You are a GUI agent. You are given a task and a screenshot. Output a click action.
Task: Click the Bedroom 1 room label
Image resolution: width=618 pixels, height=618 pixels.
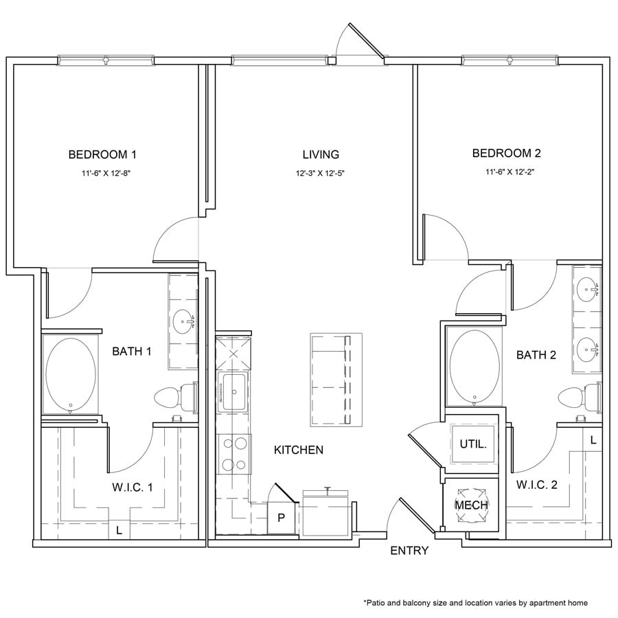[x=102, y=154]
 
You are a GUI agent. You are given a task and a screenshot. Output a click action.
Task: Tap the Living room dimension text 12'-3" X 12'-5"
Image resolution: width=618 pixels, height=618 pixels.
[x=321, y=174]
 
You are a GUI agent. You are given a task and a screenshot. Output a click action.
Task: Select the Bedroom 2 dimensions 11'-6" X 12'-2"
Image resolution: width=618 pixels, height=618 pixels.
[x=510, y=172]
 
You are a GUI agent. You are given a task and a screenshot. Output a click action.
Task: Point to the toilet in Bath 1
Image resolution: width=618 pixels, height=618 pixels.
[x=176, y=398]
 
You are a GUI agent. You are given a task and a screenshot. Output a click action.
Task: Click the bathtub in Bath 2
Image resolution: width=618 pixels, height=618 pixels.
[x=474, y=366]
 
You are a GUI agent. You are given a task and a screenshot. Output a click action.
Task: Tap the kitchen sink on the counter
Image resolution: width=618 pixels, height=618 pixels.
[x=233, y=392]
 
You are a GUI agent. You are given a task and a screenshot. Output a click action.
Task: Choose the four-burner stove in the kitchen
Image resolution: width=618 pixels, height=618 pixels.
[x=233, y=454]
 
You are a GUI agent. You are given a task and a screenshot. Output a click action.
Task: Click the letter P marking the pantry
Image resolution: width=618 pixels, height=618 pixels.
[x=281, y=518]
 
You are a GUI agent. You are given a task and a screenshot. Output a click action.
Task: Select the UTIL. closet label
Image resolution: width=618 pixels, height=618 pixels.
[x=473, y=444]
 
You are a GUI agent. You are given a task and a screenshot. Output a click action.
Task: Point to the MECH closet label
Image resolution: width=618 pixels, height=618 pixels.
[x=471, y=505]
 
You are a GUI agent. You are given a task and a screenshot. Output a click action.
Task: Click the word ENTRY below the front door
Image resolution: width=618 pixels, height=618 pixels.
[x=409, y=551]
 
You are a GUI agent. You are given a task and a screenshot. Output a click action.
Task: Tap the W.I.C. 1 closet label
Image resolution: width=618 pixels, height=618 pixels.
[x=133, y=488]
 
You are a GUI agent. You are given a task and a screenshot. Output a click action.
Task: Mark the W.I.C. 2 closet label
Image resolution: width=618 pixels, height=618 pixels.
[x=537, y=485]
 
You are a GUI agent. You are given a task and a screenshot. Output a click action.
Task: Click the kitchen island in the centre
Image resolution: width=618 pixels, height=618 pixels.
[x=336, y=380]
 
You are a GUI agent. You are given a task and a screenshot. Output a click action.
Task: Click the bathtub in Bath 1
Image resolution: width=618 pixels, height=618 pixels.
[x=71, y=374]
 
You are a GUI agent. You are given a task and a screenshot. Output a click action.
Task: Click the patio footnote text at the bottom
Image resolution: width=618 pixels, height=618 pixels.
[x=475, y=603]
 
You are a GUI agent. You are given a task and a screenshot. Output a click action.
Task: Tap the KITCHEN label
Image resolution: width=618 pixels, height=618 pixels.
[x=299, y=450]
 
